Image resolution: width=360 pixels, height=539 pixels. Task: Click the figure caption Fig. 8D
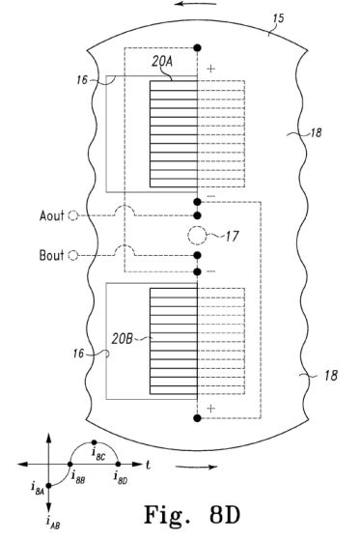tap(192, 514)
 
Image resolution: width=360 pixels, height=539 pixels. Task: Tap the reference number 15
tap(279, 18)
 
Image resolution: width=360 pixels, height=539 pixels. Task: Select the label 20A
tap(162, 62)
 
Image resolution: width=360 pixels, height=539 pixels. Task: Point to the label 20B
tap(122, 339)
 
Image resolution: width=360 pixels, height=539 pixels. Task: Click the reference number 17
tap(232, 237)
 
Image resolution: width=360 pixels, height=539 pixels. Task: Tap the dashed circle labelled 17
tap(197, 236)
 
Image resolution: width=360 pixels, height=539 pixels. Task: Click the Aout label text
tap(51, 215)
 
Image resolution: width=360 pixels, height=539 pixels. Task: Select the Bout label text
tap(51, 255)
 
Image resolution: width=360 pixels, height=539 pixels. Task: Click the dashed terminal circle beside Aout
tap(73, 215)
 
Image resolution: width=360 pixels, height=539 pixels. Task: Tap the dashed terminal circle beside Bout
tap(73, 255)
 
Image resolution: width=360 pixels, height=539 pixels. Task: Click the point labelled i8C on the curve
tap(95, 442)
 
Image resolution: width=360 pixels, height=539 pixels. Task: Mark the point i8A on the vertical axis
tap(48, 485)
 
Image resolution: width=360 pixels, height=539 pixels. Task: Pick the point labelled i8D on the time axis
tap(118, 464)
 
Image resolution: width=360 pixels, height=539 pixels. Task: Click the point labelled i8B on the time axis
tap(70, 464)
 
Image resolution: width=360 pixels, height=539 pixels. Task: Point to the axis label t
tap(148, 465)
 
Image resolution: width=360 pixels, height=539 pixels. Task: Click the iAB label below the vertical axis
tap(53, 523)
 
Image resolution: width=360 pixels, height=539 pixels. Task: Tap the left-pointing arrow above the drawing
tap(195, 4)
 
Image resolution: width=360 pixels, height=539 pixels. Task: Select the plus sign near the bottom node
tap(210, 409)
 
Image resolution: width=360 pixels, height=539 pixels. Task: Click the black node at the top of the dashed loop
tap(197, 47)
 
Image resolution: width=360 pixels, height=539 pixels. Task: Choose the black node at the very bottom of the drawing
tap(197, 418)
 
